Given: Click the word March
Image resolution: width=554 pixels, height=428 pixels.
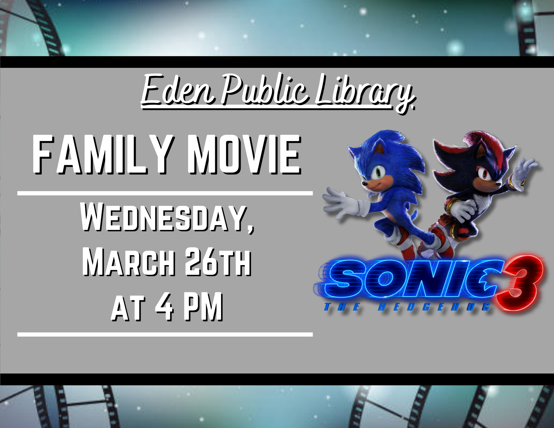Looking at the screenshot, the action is pyautogui.click(x=129, y=262).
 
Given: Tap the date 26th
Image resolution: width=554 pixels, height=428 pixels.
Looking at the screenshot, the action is pyautogui.click(x=218, y=262).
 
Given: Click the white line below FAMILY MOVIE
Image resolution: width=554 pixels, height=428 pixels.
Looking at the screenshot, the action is pyautogui.click(x=165, y=193).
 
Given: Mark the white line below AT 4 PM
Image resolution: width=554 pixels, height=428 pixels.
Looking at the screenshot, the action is pyautogui.click(x=165, y=335).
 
